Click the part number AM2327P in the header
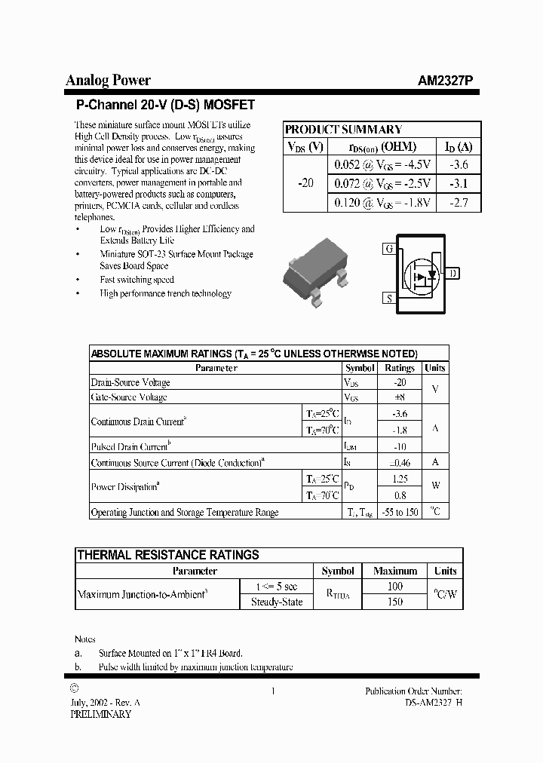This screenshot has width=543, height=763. pyautogui.click(x=446, y=81)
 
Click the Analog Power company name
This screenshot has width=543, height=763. pyautogui.click(x=108, y=81)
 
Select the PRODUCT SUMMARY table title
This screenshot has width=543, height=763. pyautogui.click(x=343, y=130)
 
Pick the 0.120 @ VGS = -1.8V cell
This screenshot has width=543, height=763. pyautogui.click(x=382, y=203)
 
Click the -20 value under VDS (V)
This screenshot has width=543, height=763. pyautogui.click(x=306, y=184)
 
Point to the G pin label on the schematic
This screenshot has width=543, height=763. pyautogui.click(x=389, y=249)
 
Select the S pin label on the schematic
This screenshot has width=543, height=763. pyautogui.click(x=389, y=299)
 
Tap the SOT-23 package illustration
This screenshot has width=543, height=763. pyautogui.click(x=316, y=274)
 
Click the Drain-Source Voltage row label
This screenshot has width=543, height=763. pyautogui.click(x=130, y=383)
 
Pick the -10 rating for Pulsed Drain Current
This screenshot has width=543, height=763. pyautogui.click(x=400, y=446)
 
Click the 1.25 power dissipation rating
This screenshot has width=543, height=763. pyautogui.click(x=400, y=479)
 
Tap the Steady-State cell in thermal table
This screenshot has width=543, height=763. pyautogui.click(x=276, y=602)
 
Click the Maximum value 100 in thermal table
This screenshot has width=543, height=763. pyautogui.click(x=394, y=586)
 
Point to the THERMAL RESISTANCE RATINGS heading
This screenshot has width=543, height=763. pyautogui.click(x=168, y=555)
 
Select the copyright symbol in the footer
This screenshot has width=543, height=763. pyautogui.click(x=73, y=689)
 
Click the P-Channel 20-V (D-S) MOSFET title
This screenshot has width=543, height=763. pyautogui.click(x=166, y=105)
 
